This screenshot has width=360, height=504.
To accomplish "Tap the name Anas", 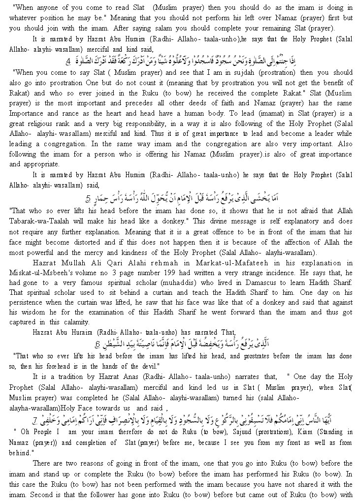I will click(x=144, y=377).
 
